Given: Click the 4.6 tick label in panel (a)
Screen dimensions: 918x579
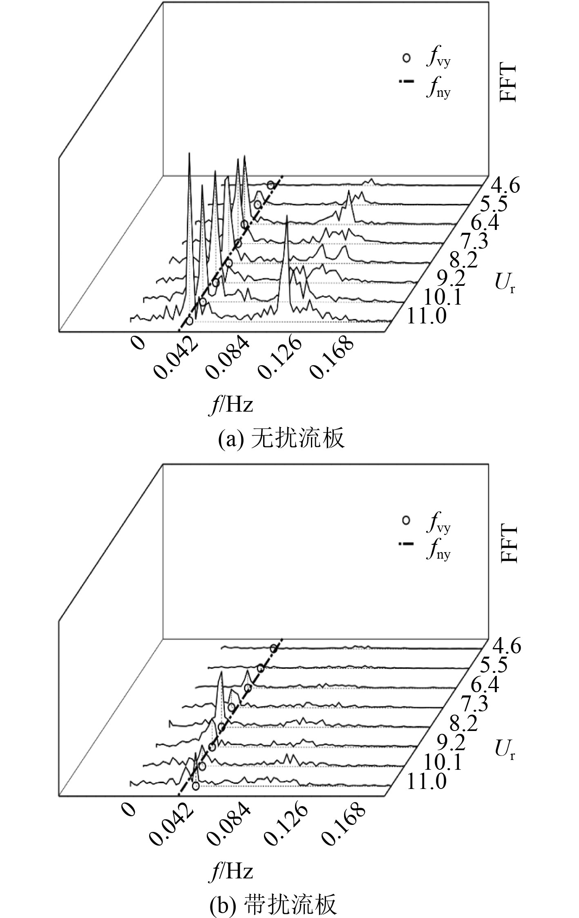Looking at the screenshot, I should (x=505, y=186).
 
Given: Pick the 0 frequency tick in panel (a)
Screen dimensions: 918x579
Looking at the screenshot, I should (x=139, y=343).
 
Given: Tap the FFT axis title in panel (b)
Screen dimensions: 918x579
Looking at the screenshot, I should (x=508, y=544).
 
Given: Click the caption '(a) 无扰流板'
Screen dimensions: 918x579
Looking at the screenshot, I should (x=282, y=439).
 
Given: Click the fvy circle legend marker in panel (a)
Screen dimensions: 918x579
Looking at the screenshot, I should (x=406, y=58).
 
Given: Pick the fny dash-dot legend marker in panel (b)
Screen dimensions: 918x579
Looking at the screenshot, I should (x=406, y=544).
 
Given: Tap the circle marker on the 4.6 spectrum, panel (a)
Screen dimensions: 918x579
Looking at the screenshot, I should (x=270, y=185).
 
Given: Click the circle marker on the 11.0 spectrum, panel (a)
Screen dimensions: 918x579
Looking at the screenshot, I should (x=190, y=321).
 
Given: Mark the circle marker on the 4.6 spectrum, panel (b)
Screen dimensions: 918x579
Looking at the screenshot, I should (x=273, y=648).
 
